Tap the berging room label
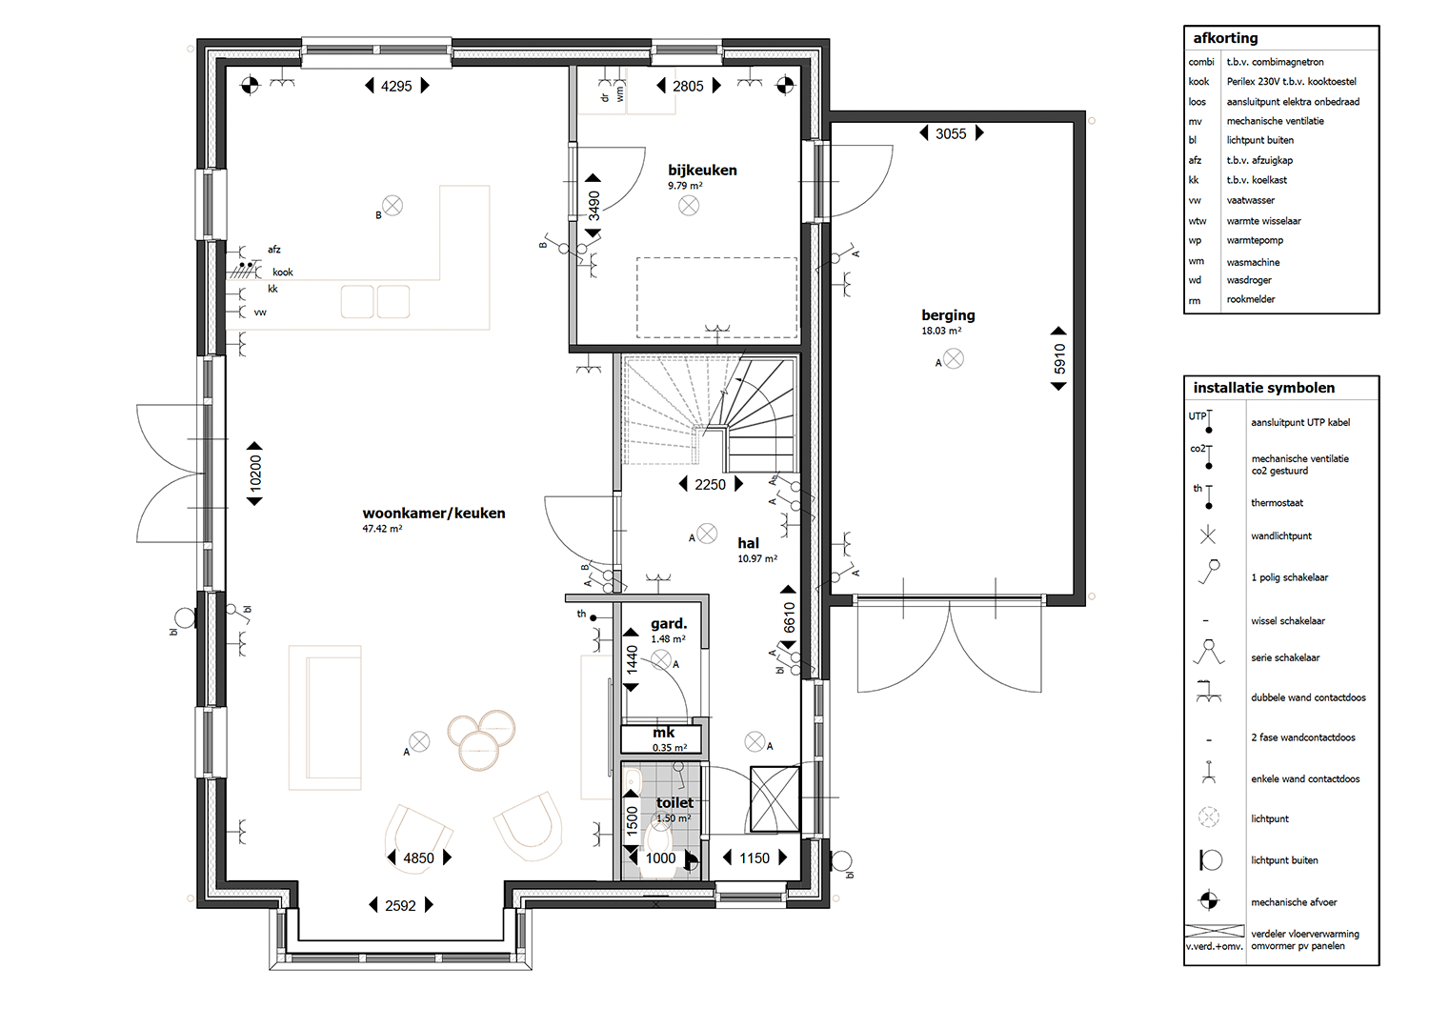pos(948,315)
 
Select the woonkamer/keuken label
pos(433,513)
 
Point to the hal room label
pos(748,543)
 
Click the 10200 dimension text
pos(255,473)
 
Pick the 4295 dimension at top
pos(396,86)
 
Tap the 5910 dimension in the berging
pos(1059,358)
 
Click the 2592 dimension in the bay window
pos(401,905)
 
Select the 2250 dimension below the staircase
pos(710,485)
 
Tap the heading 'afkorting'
pos(1225,38)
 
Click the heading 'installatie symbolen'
pos(1264,388)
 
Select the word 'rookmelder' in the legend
pos(1250,299)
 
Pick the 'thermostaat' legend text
pos(1277,503)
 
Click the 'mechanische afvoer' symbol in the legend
pos(1209,900)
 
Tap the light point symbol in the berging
pos(953,359)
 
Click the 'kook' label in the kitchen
pos(283,272)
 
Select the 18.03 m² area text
pos(941,331)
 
